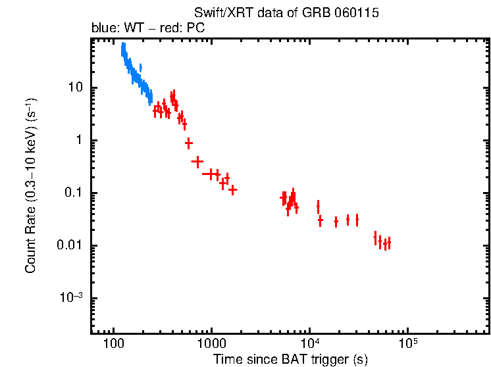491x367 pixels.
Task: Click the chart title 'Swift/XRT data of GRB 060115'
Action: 286,13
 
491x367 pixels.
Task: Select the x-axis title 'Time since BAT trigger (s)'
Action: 290,359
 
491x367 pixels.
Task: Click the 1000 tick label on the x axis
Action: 211,344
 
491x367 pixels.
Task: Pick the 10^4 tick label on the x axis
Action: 309,343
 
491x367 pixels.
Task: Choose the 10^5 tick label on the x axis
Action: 407,343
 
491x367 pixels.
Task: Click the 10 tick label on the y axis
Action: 74,88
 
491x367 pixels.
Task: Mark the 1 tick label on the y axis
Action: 78,141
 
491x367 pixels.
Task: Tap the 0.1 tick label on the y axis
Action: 72,193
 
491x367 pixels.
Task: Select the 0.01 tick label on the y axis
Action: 69,246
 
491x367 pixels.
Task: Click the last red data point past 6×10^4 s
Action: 389,243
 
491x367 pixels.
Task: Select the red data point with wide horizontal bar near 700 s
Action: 197,161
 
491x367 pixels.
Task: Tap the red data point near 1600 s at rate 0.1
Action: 232,189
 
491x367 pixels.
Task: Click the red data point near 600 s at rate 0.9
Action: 189,143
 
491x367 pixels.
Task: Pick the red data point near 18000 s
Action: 336,222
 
